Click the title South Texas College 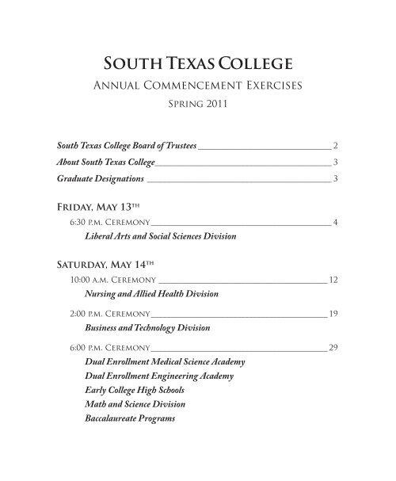coord(197,62)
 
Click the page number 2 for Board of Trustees coord(336,147)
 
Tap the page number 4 coord(336,222)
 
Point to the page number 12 coord(333,280)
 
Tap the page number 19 coord(333,314)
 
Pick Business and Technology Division coord(141,328)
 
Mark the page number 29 coord(333,348)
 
